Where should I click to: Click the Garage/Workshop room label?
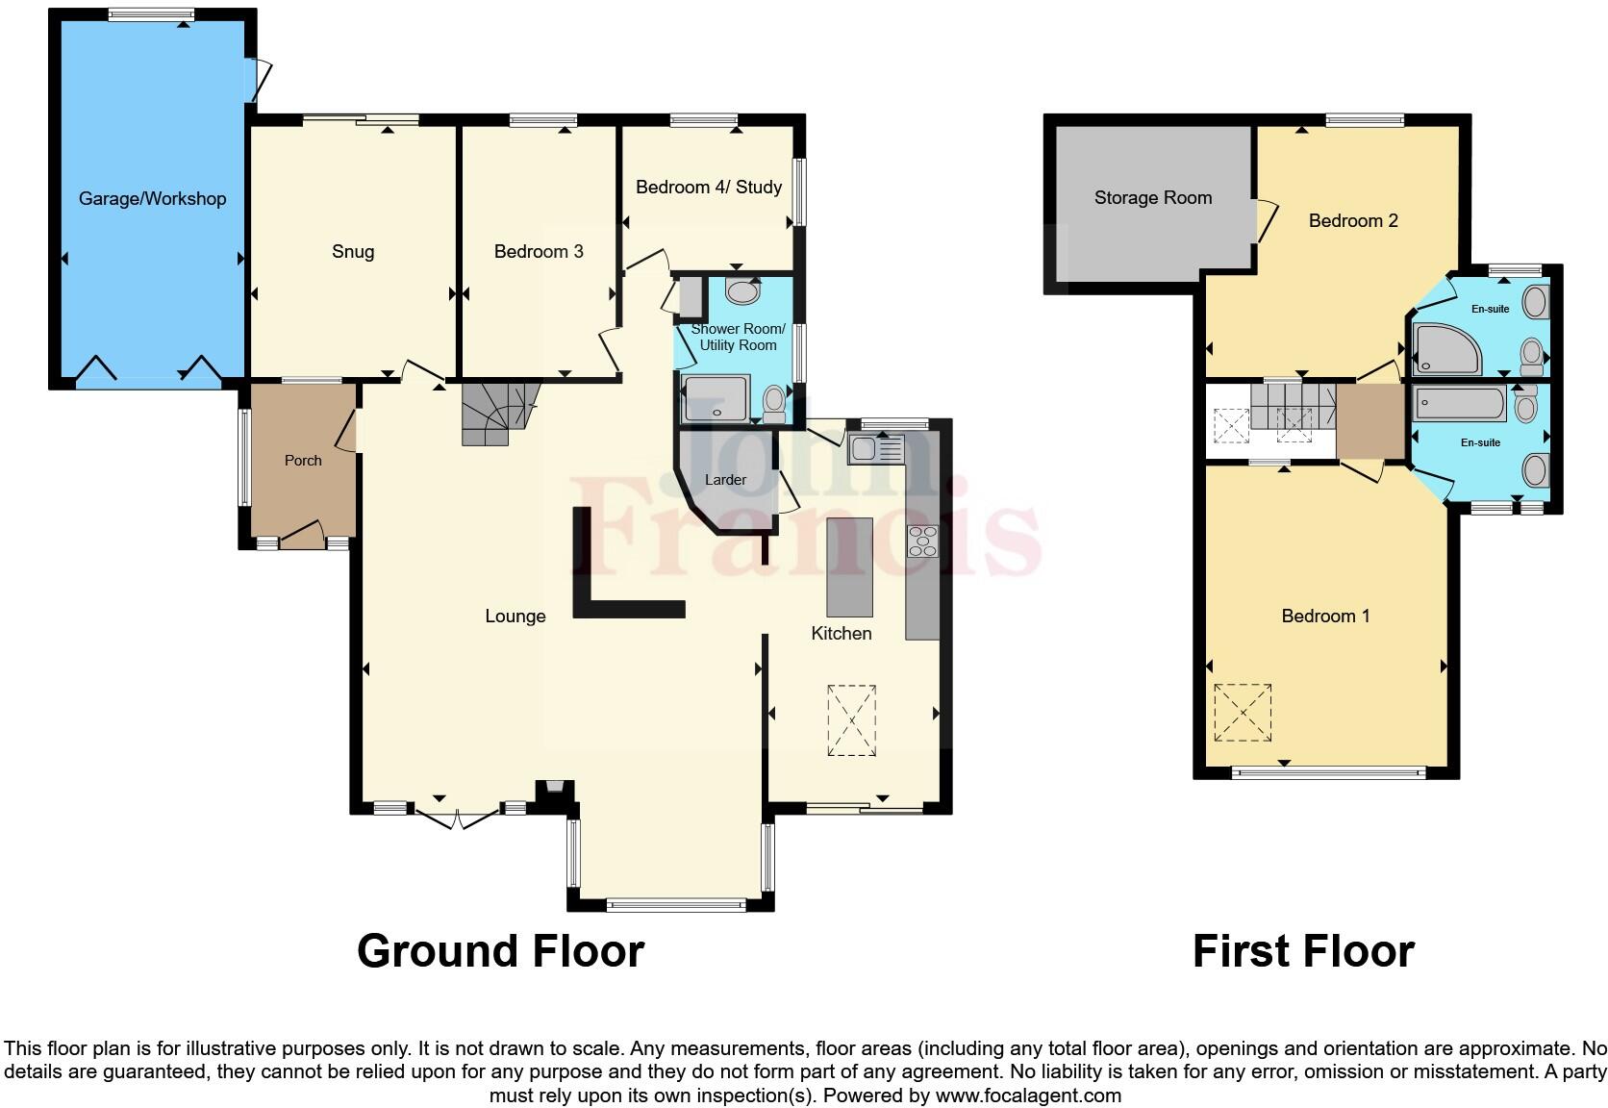152,199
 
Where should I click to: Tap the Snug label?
352,251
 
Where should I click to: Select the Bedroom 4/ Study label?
708,187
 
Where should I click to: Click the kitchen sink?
874,449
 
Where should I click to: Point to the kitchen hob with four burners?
922,541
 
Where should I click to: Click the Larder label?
725,479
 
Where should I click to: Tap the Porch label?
303,461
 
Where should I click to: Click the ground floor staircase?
495,414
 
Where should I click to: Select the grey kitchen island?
849,567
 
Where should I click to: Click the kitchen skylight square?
851,720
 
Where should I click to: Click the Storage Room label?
1152,198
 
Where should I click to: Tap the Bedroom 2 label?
1352,221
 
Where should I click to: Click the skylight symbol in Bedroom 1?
1243,713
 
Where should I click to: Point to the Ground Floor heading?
500,951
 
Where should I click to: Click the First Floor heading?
1302,951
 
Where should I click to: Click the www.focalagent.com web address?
1027,1095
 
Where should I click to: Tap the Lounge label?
515,617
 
